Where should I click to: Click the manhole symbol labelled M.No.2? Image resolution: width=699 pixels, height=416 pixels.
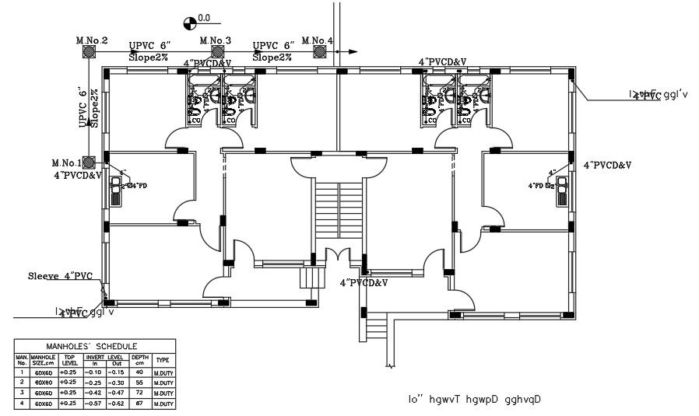tap(90, 51)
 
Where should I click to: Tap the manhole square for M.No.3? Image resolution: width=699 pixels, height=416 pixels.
tap(214, 51)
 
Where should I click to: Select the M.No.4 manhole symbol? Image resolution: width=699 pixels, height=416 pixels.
tap(319, 51)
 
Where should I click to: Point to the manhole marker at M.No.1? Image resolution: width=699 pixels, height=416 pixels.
tap(90, 163)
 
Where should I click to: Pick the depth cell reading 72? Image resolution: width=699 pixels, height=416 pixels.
tap(141, 393)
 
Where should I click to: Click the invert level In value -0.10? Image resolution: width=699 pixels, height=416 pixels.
tap(95, 372)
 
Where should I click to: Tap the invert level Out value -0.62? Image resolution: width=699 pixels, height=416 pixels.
tap(118, 404)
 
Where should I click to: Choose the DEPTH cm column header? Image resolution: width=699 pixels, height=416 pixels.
tap(141, 360)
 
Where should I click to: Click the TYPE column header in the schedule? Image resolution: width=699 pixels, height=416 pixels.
tap(163, 360)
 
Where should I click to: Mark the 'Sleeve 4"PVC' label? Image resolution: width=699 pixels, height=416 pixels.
tap(60, 276)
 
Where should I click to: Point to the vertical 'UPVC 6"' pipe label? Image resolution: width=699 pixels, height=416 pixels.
tap(83, 107)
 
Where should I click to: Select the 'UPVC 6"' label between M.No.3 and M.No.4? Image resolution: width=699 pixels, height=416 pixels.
tap(273, 46)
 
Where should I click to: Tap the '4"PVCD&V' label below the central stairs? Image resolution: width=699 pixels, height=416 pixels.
tap(364, 283)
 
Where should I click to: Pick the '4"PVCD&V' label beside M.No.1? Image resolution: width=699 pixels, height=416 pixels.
tap(78, 176)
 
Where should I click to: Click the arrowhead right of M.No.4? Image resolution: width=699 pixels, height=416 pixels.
tap(353, 51)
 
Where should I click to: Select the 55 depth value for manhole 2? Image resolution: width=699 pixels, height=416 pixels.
tap(141, 383)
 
